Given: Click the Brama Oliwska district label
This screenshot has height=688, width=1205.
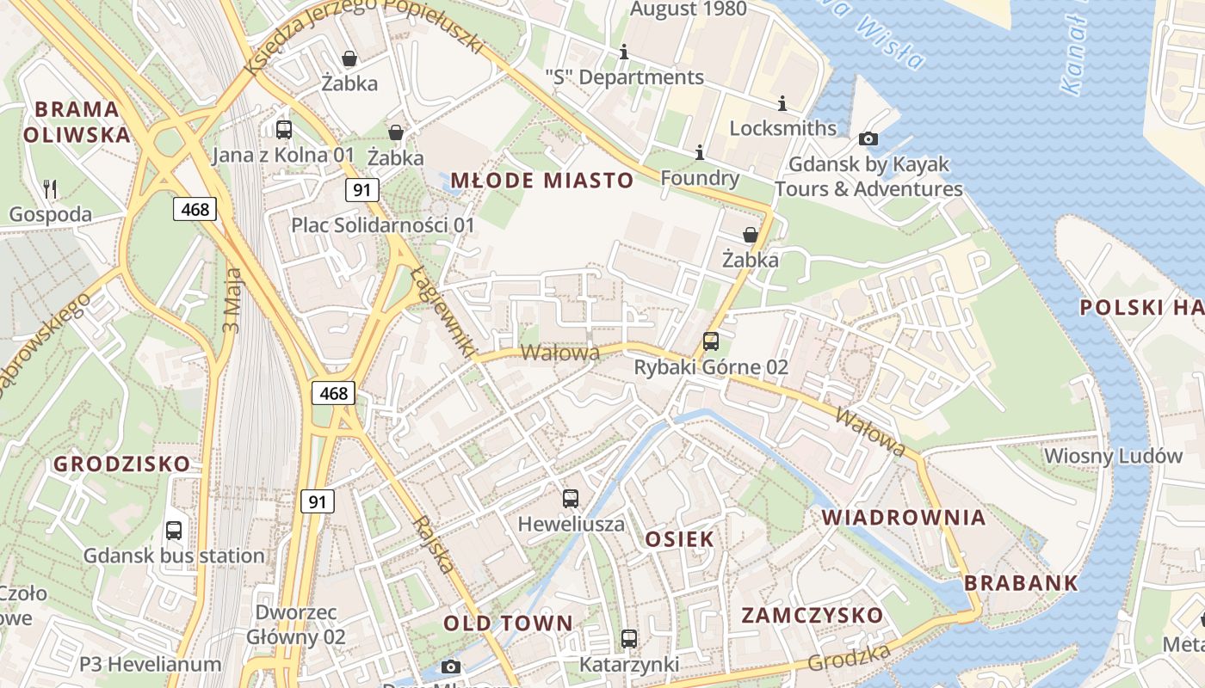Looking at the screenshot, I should [x=77, y=121].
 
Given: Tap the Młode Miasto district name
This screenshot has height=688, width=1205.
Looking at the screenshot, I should [x=542, y=181].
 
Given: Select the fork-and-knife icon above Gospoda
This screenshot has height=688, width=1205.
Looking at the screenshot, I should [x=50, y=188].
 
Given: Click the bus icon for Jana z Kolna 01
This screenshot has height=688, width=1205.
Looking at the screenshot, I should [x=283, y=130].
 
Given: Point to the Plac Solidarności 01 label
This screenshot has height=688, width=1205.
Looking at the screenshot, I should [x=382, y=225].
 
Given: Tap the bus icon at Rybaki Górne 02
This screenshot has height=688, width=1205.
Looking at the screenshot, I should [x=711, y=341].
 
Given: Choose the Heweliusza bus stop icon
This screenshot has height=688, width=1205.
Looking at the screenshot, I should [x=571, y=498].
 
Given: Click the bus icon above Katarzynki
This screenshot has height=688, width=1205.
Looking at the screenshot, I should [x=629, y=639].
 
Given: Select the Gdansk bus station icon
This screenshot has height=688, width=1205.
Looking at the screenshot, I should [x=174, y=530].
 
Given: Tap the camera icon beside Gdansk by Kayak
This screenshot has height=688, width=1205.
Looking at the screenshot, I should [x=868, y=138].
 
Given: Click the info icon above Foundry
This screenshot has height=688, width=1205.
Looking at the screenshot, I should [x=699, y=152].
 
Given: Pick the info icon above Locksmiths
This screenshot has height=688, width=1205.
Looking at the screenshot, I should [x=782, y=103].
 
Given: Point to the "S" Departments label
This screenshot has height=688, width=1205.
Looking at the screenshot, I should [x=625, y=77].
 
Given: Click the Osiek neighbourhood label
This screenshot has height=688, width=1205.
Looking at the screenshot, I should [x=679, y=539].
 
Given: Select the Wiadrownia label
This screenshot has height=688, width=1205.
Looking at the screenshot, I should [x=904, y=517].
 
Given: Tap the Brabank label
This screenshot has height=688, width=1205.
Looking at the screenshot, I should [x=1021, y=582].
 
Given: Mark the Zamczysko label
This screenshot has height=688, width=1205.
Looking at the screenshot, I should [x=813, y=615].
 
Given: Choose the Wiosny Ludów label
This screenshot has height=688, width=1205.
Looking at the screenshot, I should [x=1113, y=456].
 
